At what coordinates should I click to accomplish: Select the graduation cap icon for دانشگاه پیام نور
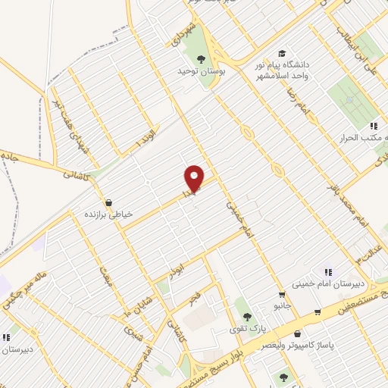(x=283, y=53)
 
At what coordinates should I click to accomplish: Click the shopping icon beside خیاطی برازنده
(x=111, y=203)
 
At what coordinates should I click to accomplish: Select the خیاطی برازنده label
(x=111, y=214)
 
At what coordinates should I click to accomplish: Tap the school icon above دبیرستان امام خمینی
(x=327, y=271)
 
